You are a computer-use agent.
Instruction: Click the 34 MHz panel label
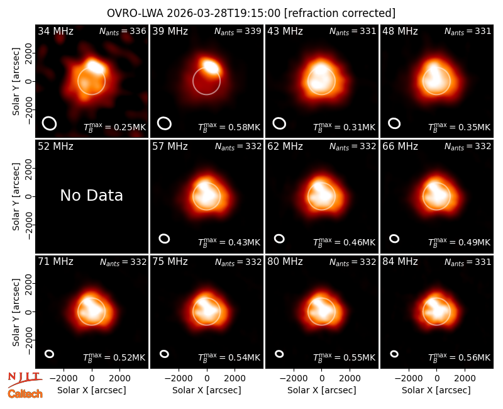pos(55,31)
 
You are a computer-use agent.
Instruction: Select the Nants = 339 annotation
pos(238,31)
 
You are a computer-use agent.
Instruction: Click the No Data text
pos(91,196)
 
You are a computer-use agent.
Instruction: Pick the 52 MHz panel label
pos(55,147)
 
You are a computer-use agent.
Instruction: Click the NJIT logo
pos(25,379)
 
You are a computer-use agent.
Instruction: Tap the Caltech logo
pos(25,394)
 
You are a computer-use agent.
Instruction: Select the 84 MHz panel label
pos(400,262)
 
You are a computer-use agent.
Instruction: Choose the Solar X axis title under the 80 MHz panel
pos(321,390)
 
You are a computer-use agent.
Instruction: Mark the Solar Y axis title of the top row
pos(16,82)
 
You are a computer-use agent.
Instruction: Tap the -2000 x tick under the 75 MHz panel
pos(179,379)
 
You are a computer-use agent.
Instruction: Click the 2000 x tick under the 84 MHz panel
pos(465,379)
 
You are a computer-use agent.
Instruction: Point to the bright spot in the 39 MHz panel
pos(211,67)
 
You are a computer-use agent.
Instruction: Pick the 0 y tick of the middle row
pos(30,196)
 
